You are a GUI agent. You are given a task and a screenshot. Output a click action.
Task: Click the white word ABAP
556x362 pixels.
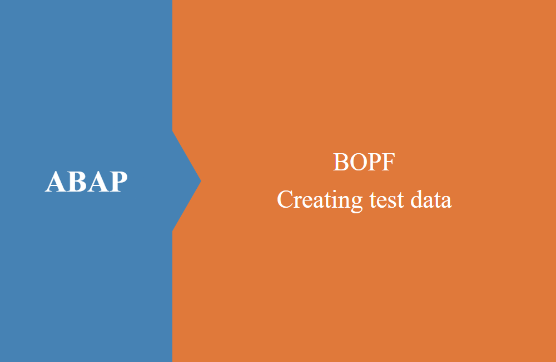point(86,182)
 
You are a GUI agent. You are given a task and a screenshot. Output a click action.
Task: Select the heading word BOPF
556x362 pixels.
point(364,162)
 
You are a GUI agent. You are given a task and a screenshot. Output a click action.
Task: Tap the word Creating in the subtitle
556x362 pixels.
point(320,200)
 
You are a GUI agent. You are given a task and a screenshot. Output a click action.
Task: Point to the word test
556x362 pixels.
point(386,200)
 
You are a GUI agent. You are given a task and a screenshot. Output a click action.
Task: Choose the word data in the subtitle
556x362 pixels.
point(431,199)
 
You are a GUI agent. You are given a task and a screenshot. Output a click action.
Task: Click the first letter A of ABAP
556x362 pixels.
point(55,182)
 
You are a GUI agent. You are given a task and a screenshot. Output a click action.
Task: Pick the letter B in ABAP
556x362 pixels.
point(77,182)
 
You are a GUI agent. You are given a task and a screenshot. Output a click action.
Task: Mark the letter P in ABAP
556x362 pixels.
point(118,182)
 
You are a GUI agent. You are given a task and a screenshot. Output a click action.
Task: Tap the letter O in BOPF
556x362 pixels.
point(357,162)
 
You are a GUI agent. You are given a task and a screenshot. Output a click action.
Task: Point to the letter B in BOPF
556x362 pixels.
point(340,162)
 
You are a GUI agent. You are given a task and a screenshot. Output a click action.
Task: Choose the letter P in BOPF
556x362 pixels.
point(374,162)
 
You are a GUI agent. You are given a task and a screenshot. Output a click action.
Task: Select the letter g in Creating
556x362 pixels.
point(356,203)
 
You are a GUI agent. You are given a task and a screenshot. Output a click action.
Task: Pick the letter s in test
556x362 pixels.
point(391,202)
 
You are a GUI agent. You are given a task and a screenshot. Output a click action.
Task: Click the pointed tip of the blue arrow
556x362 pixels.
point(201,181)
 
